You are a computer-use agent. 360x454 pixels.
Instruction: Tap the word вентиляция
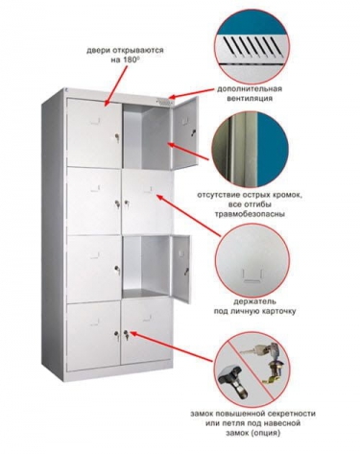tap(250, 98)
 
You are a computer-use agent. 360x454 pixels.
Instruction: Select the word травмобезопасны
tap(251, 214)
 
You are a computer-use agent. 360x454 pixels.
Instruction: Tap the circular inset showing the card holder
tap(252, 261)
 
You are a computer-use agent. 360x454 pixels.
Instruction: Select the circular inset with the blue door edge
tap(252, 149)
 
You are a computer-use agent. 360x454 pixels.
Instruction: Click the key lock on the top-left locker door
tap(116, 137)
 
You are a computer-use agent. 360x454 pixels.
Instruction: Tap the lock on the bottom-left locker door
tap(116, 334)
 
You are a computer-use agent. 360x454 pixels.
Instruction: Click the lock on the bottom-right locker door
tap(127, 335)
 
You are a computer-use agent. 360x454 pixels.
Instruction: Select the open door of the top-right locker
tap(184, 132)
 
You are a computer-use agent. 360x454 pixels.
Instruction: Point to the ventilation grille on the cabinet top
tap(164, 102)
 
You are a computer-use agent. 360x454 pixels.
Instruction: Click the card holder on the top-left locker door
tap(95, 121)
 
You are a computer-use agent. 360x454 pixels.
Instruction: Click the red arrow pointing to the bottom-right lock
tap(172, 347)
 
